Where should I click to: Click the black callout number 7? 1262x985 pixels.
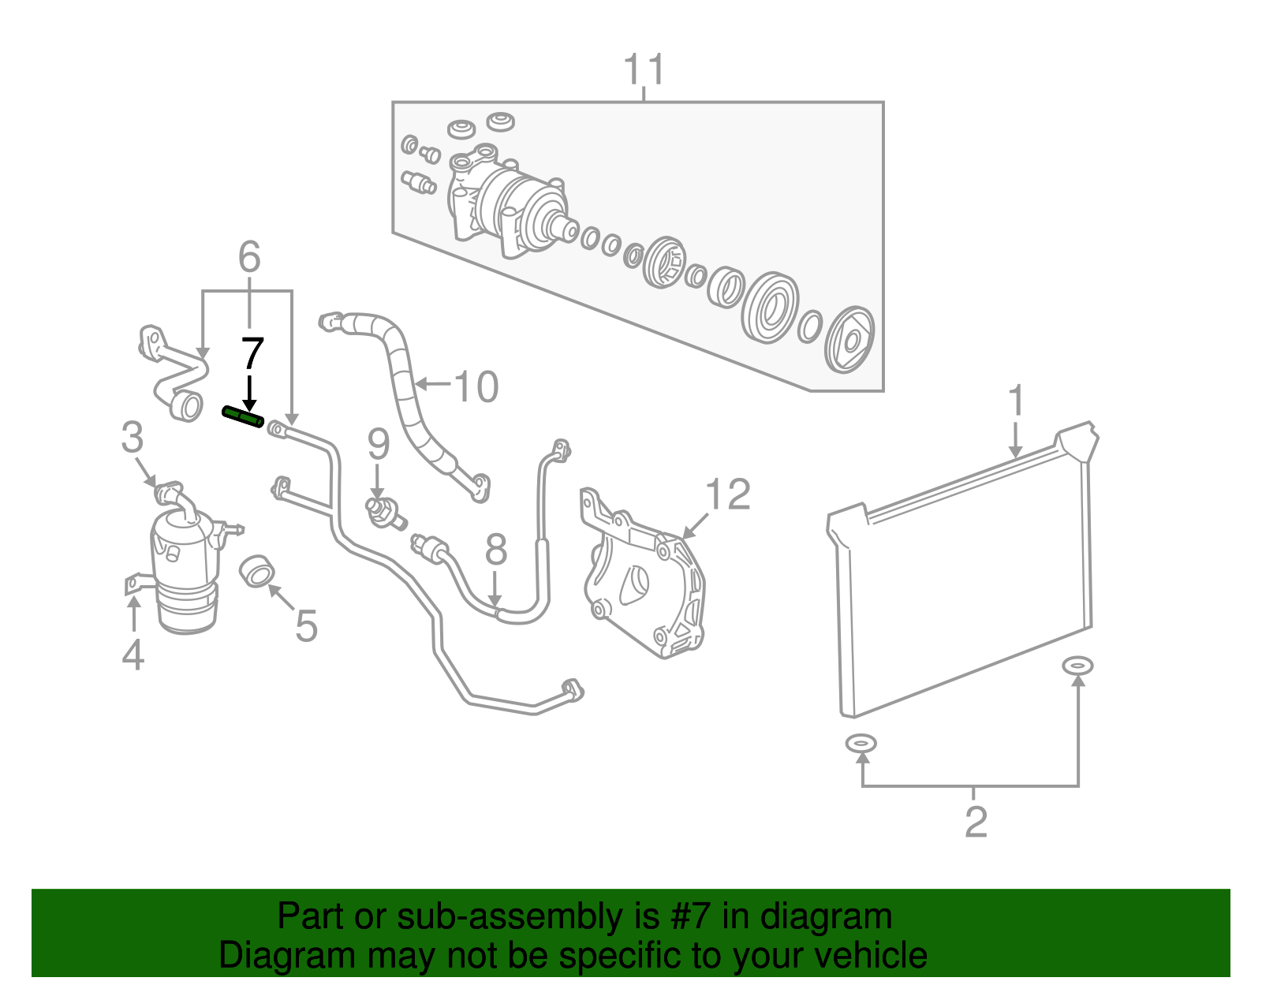pos(251,354)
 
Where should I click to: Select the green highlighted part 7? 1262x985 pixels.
pos(242,417)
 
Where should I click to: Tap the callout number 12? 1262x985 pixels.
pos(727,495)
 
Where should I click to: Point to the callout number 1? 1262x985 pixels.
pos(1016,401)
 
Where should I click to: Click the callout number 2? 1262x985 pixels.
pos(976,823)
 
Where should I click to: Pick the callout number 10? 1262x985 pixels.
pos(476,386)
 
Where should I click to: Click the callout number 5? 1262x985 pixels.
pos(306,626)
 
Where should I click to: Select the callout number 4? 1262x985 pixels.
pos(133,655)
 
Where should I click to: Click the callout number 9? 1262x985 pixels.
pos(379,445)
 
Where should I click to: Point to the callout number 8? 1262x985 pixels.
pos(495,550)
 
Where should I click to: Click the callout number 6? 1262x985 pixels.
pos(249,257)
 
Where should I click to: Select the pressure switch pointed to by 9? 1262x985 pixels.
pos(383,511)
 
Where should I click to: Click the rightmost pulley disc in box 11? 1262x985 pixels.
pos(849,340)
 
